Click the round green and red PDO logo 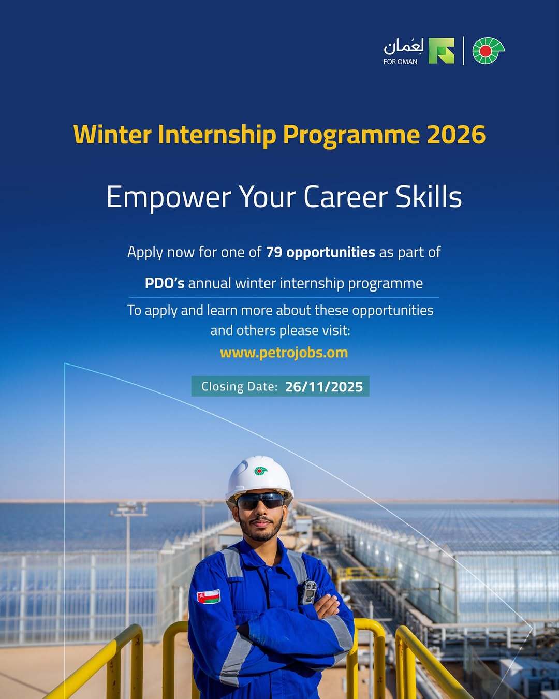coord(488,51)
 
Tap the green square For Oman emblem coord(442,51)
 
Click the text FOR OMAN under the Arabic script coord(400,62)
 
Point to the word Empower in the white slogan coord(169,198)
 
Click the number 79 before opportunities coord(274,252)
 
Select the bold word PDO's coord(165,283)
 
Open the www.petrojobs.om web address coord(284,353)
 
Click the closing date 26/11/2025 coord(324,387)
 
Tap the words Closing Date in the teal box coord(239,387)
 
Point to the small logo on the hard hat coord(260,471)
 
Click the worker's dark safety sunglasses coord(260,501)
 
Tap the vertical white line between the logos coord(464,51)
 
